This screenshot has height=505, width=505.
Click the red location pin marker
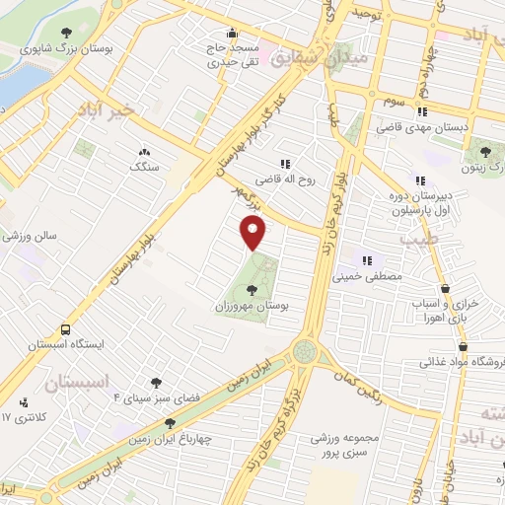pyautogui.click(x=254, y=234)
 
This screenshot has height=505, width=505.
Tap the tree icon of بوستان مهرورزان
pyautogui.click(x=253, y=290)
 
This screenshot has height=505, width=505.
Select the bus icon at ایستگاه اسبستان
pyautogui.click(x=65, y=329)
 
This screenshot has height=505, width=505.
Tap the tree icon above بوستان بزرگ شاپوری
pyautogui.click(x=66, y=31)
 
